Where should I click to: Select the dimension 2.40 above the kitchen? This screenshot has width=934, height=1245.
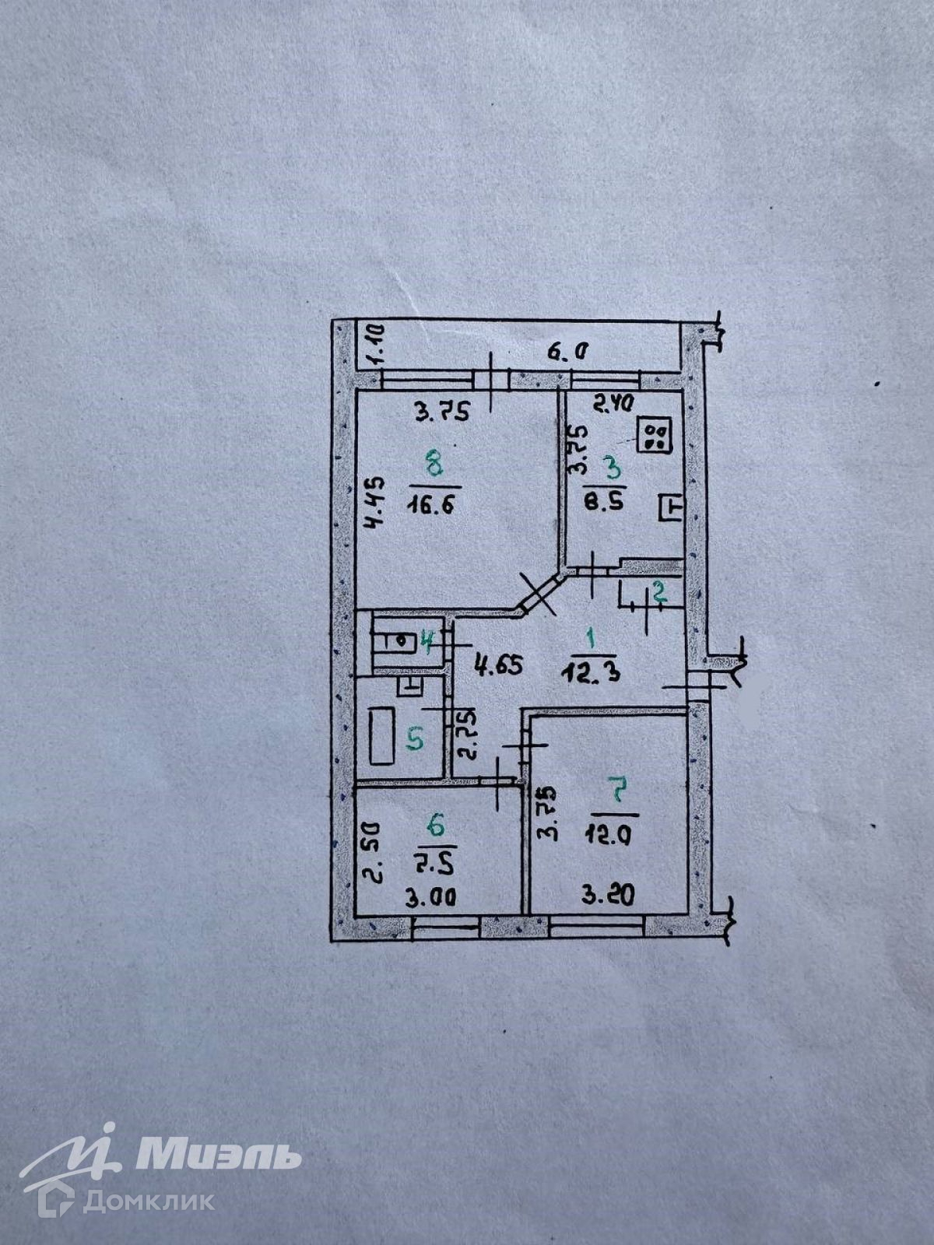[x=615, y=403]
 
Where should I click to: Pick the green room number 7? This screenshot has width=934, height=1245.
[x=619, y=793]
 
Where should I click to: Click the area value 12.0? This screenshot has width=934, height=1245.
[x=610, y=835]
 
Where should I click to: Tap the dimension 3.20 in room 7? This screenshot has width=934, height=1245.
[x=609, y=895]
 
